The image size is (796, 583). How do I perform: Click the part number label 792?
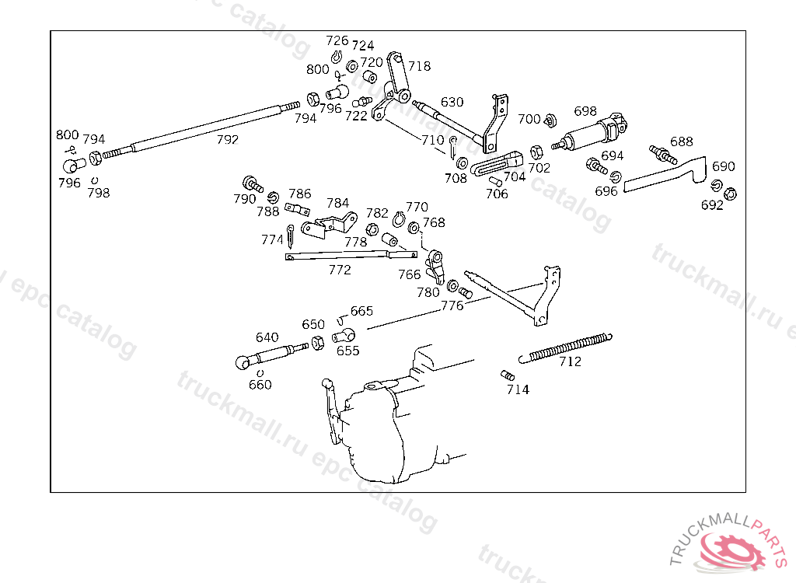pyautogui.click(x=227, y=140)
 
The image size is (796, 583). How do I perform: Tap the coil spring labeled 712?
pyautogui.click(x=570, y=347)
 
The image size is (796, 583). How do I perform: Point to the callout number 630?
pyautogui.click(x=452, y=102)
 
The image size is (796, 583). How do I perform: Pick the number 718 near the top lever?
pyautogui.click(x=419, y=66)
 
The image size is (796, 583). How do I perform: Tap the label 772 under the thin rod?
pyautogui.click(x=340, y=270)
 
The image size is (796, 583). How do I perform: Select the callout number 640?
pyautogui.click(x=267, y=337)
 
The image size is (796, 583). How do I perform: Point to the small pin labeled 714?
pyautogui.click(x=508, y=376)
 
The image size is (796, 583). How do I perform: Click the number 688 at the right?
pyautogui.click(x=682, y=141)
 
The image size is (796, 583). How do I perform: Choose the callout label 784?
pyautogui.click(x=337, y=203)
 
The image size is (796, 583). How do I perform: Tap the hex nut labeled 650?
pyautogui.click(x=317, y=343)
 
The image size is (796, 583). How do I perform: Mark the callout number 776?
pyautogui.click(x=452, y=305)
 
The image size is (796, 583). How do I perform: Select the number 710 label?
pyautogui.click(x=432, y=140)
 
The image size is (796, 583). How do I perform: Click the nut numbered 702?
pyautogui.click(x=536, y=151)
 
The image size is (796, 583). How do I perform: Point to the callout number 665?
pyautogui.click(x=361, y=311)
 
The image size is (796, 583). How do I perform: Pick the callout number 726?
pyautogui.click(x=337, y=40)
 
